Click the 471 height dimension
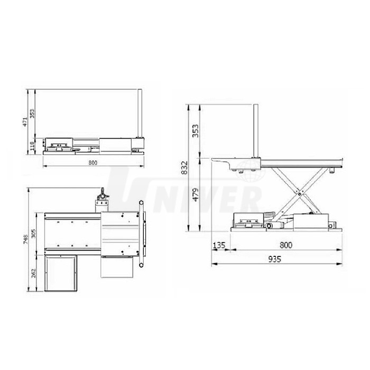(25, 122)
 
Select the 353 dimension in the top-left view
(32, 114)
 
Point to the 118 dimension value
(32, 146)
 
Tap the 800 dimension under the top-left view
(92, 163)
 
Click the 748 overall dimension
(26, 239)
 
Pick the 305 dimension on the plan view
(33, 234)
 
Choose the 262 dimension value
(33, 273)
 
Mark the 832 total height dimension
(184, 168)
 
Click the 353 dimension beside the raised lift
(196, 131)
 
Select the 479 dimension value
(196, 195)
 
